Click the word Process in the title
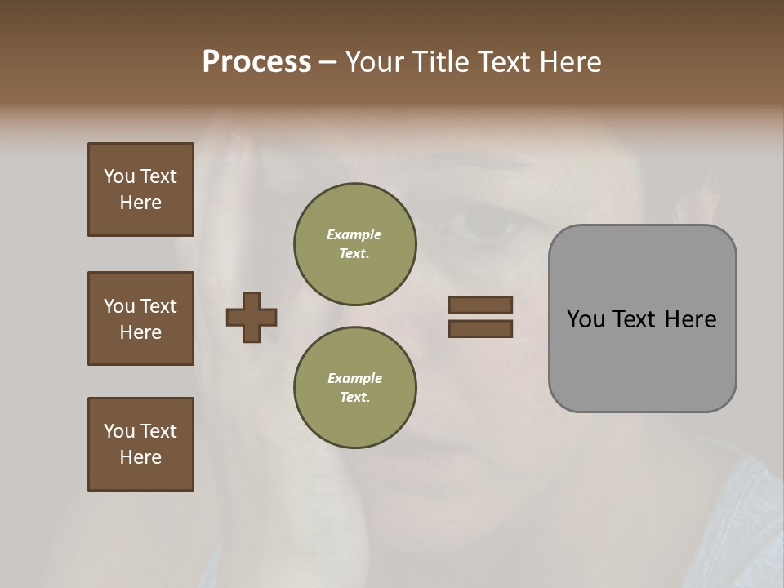tap(256, 62)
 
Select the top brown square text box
tap(140, 189)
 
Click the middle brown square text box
tap(140, 318)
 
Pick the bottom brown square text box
tap(140, 444)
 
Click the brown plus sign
tap(252, 317)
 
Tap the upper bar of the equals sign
tap(480, 305)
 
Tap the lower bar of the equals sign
tap(480, 329)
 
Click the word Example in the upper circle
tap(354, 234)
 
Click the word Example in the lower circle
tap(354, 378)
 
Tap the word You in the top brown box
tap(119, 176)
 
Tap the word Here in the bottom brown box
tap(140, 457)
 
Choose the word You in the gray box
tap(586, 319)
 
